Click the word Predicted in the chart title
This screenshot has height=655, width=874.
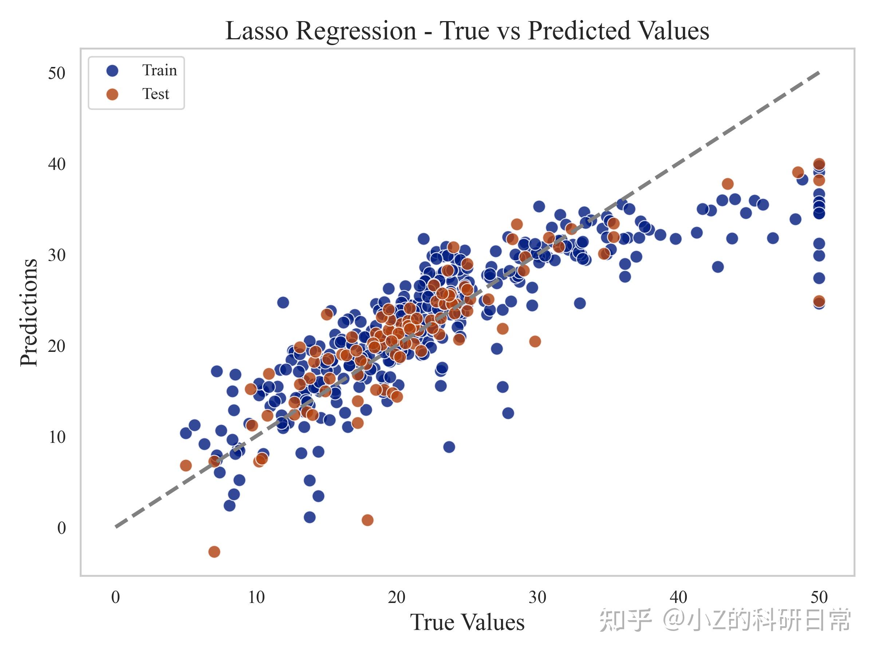580,31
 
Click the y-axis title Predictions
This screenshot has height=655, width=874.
29,313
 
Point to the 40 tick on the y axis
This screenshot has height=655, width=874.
56,164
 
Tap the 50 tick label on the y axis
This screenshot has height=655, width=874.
56,74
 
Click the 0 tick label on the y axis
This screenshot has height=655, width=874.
61,528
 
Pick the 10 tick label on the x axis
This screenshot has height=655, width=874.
256,598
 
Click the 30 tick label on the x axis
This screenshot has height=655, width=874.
538,598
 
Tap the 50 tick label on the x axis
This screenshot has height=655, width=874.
819,598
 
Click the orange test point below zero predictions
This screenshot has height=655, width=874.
214,552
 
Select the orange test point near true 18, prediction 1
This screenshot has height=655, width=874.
367,520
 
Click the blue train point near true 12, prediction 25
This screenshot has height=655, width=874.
283,303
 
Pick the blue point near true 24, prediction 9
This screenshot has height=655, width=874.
449,447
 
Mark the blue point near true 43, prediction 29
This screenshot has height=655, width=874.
718,267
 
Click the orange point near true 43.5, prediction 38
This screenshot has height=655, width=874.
727,184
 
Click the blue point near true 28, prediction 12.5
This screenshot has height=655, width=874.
508,413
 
